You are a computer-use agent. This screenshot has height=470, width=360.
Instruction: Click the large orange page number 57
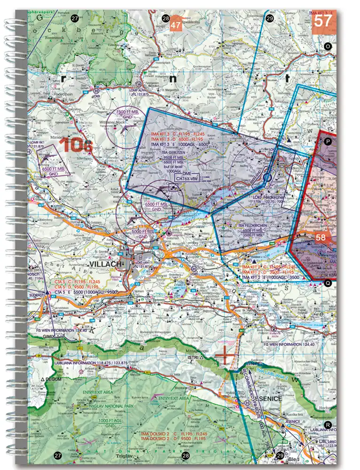point(323,21)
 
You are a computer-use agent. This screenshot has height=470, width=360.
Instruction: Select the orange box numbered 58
point(320,238)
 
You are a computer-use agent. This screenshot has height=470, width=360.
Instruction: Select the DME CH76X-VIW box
point(187,178)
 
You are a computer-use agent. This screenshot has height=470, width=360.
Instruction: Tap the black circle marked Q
point(328,283)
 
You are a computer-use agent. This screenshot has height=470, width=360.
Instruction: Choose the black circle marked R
point(328,425)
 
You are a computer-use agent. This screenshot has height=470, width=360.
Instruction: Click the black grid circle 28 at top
point(165,18)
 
